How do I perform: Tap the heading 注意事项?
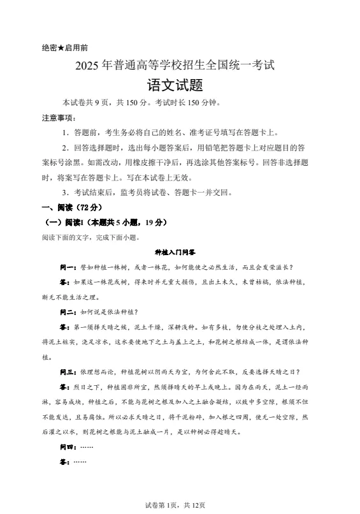point(57,118)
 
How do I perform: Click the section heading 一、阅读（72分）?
point(71,207)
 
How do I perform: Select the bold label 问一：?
point(68,267)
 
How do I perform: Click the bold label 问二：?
point(68,312)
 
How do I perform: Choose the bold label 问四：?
point(68,447)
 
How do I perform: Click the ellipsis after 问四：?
point(87,447)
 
